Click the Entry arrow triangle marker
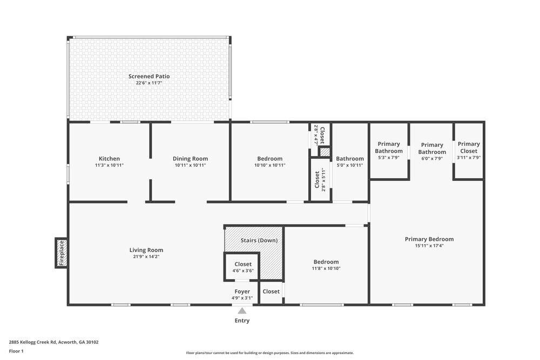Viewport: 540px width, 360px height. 242,310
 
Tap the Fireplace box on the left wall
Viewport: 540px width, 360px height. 61,253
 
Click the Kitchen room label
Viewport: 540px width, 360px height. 109,159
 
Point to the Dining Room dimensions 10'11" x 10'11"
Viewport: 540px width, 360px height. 190,165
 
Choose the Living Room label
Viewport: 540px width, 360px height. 146,250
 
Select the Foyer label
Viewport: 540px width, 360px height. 242,291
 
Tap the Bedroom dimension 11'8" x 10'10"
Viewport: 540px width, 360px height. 325,268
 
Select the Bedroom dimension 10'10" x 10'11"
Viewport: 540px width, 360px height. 269,165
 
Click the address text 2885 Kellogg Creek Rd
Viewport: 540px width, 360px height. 53,342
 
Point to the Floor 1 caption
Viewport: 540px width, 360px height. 16,351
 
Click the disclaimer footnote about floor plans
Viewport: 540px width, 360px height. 270,352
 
